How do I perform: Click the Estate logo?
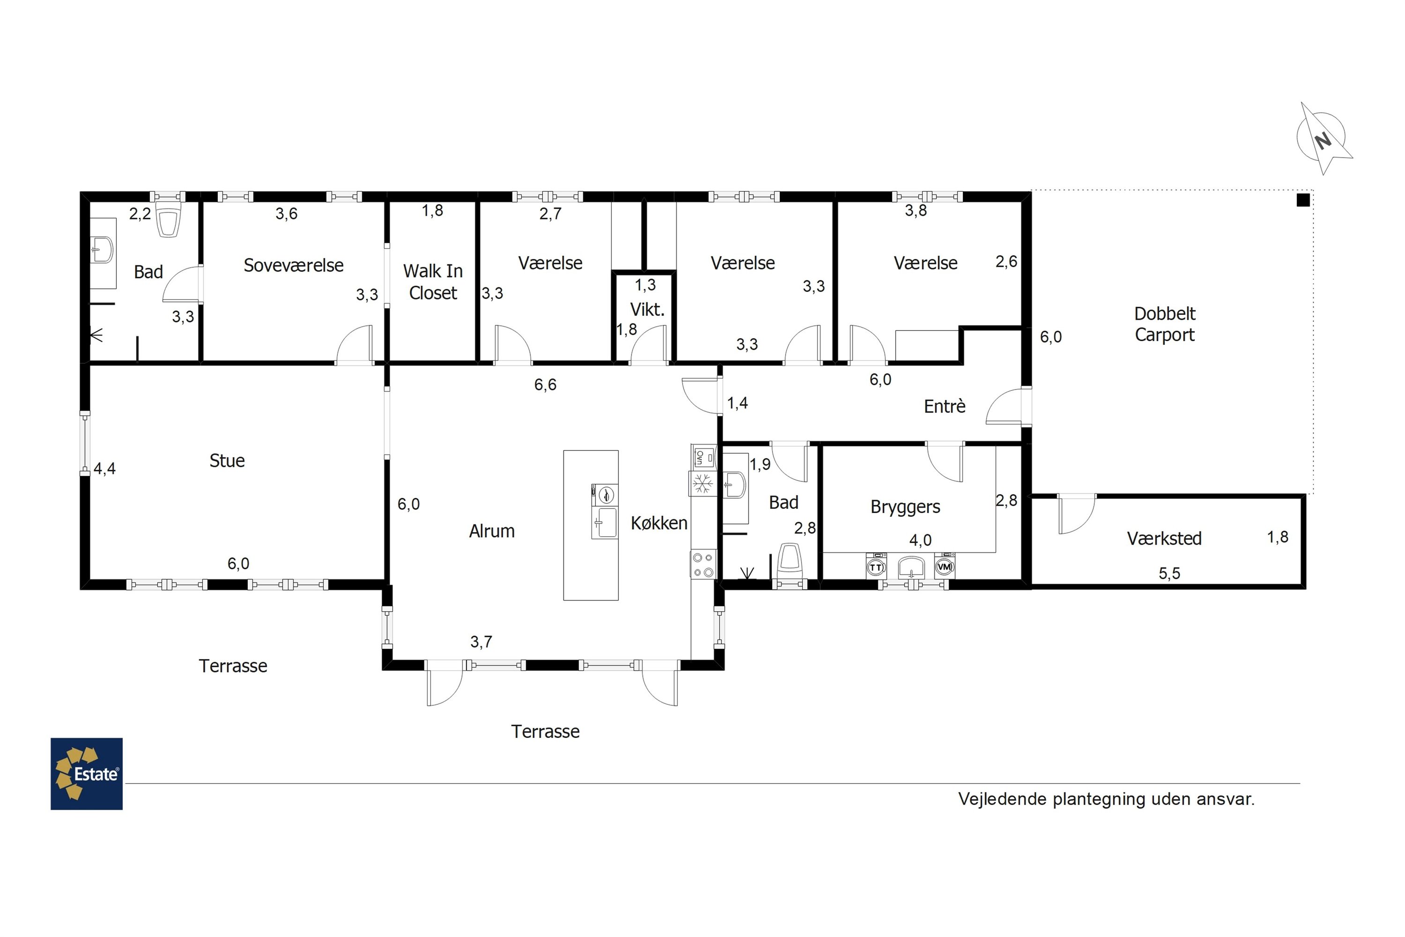(x=87, y=774)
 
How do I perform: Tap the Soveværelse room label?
(x=293, y=265)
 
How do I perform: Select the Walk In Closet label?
(x=433, y=282)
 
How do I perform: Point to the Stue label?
(x=227, y=461)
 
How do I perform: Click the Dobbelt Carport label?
(x=1165, y=324)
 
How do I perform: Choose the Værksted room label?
(x=1164, y=538)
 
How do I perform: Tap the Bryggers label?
(x=905, y=507)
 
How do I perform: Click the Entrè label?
(x=945, y=406)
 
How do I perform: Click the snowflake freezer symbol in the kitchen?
(x=703, y=483)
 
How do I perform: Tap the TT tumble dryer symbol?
(x=876, y=566)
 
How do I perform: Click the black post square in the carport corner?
(x=1303, y=200)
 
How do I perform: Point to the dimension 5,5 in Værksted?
(x=1169, y=573)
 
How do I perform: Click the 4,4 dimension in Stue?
(x=104, y=468)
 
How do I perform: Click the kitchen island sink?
(x=605, y=523)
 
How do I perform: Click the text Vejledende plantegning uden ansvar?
(x=1106, y=799)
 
